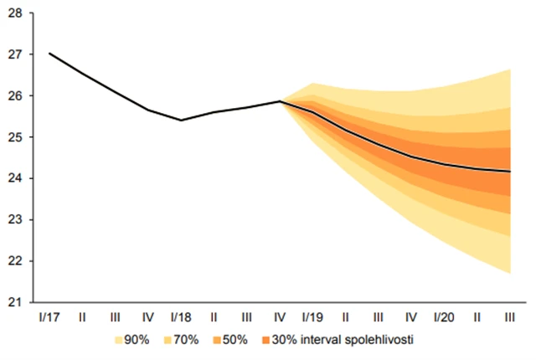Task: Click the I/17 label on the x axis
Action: click(x=49, y=318)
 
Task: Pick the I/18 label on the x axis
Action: click(x=181, y=318)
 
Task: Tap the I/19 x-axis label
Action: click(x=312, y=318)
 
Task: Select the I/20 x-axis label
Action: click(x=444, y=318)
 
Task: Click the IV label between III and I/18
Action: click(x=148, y=318)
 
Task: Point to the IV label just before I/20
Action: click(x=411, y=318)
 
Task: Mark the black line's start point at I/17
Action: click(x=49, y=54)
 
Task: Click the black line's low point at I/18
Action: click(x=181, y=120)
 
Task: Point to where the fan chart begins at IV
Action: click(x=280, y=101)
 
